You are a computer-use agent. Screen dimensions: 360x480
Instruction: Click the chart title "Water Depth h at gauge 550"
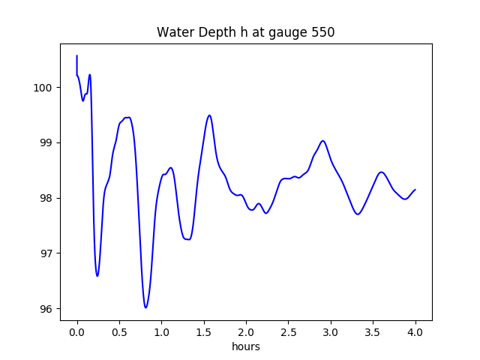(245, 33)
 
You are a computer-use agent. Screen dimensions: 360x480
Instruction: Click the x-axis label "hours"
(246, 347)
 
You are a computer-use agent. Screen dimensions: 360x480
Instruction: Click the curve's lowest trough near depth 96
(145, 307)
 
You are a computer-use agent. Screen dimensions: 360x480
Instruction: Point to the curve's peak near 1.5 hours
(209, 115)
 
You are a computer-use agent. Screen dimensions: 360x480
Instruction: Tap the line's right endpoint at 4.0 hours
(415, 190)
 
